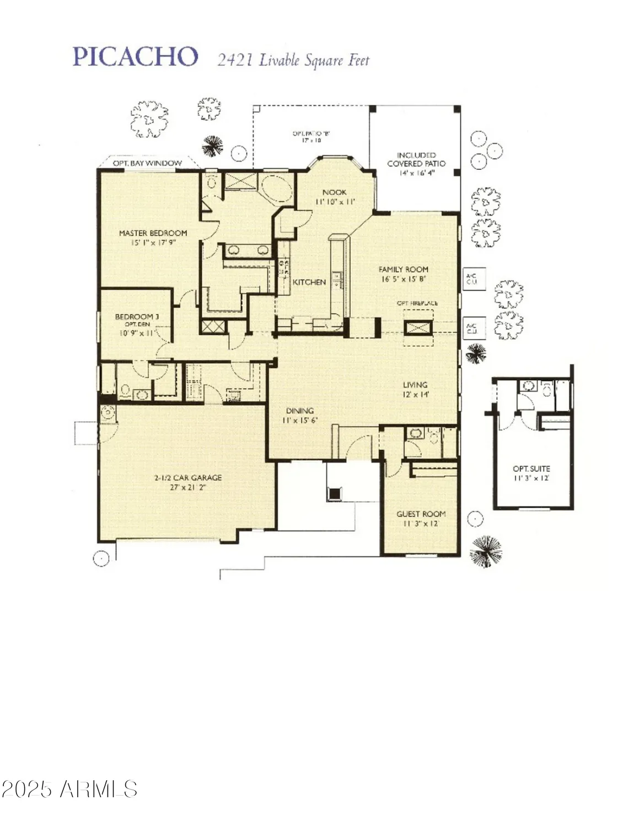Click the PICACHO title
click(135, 57)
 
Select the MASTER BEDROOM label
click(153, 233)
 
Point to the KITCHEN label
click(309, 282)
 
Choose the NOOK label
click(335, 192)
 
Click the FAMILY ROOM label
click(403, 269)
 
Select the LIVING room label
click(415, 384)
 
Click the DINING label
click(299, 410)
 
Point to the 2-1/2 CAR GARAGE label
click(188, 477)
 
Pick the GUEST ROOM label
click(421, 513)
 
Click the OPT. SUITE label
click(531, 469)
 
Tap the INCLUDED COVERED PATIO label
click(416, 159)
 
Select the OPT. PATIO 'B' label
click(311, 133)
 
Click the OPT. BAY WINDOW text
click(147, 163)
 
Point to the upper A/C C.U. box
click(471, 279)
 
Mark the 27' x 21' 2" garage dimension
click(188, 487)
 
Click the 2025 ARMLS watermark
click(69, 789)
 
